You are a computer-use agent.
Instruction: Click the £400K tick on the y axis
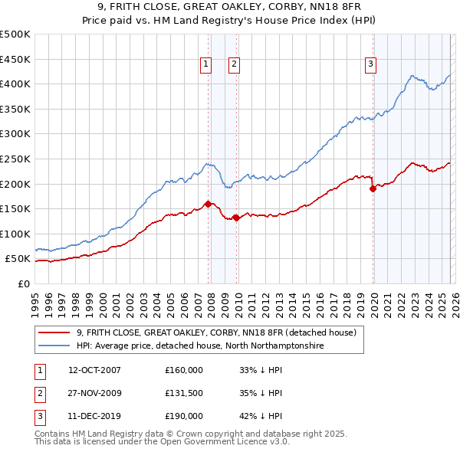tap(15, 84)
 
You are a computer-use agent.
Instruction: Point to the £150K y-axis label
tap(15, 208)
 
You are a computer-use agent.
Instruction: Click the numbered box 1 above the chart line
tap(207, 65)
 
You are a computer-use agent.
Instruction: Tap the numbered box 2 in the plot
tap(233, 65)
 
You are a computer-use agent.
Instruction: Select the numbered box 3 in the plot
tap(370, 65)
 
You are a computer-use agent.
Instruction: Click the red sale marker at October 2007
tap(209, 204)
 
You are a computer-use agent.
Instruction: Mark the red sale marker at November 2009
tap(237, 218)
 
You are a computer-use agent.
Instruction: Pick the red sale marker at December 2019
tap(373, 188)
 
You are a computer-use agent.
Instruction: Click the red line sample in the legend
tap(55, 333)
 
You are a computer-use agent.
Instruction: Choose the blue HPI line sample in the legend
tap(55, 346)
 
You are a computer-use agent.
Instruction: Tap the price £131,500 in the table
tap(184, 393)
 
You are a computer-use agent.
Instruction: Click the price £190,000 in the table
tap(184, 416)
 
